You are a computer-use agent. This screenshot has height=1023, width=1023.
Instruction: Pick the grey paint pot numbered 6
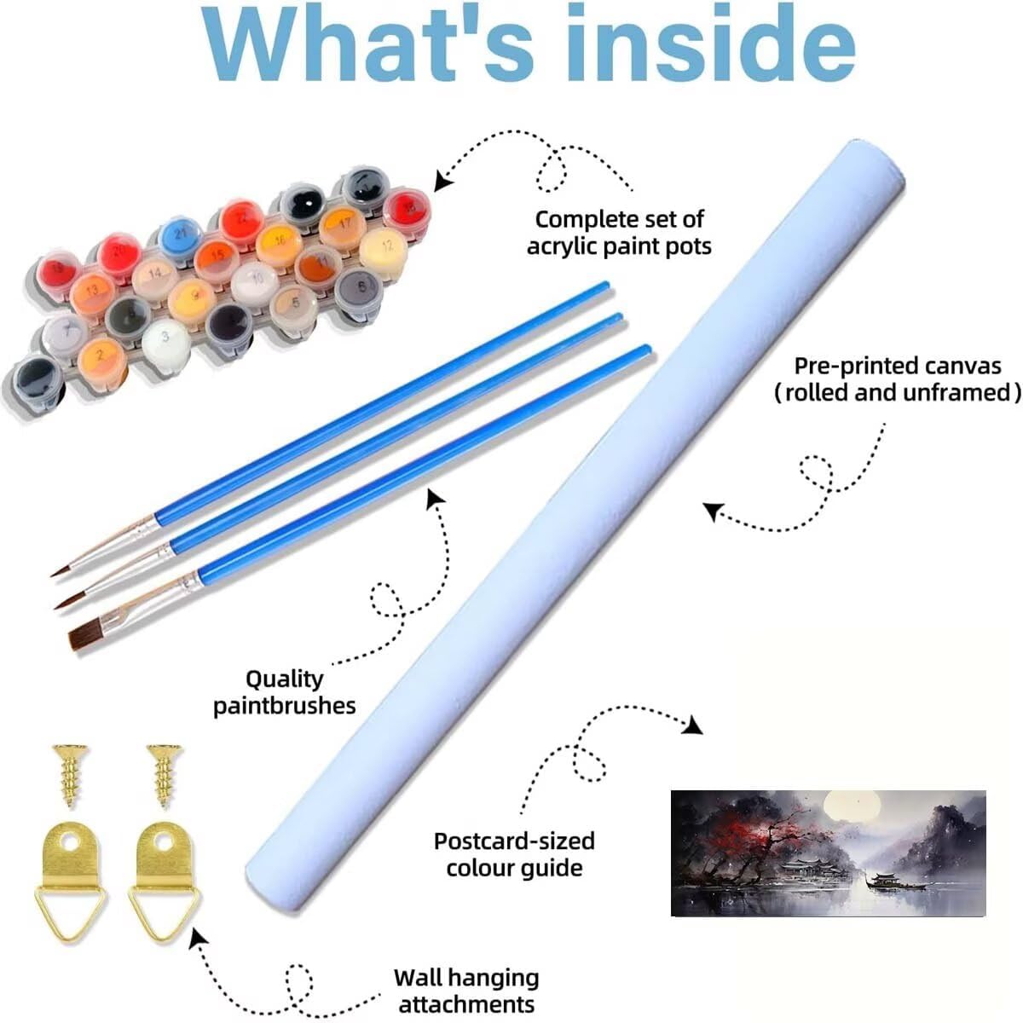tap(358, 289)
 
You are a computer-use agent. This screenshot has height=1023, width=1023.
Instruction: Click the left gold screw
tap(70, 776)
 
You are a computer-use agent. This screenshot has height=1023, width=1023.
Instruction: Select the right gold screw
tap(165, 776)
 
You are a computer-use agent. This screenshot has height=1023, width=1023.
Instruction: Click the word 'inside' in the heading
tap(712, 43)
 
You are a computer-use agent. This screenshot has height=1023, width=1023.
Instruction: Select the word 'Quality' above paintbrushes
tap(284, 679)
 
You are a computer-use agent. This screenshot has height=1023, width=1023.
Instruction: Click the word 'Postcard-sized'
tap(514, 841)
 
